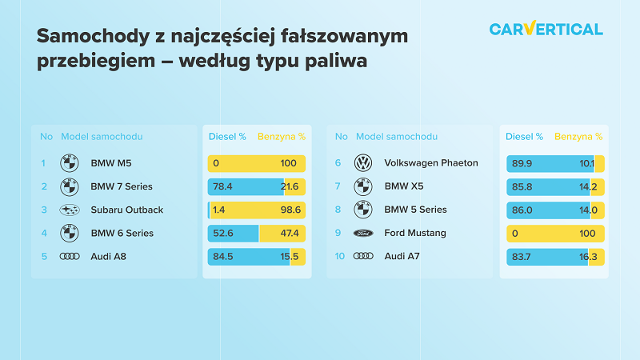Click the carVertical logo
pos(546,29)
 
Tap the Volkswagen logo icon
pos(363,163)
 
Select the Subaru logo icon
pos(70,210)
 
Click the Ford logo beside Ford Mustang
pos(363,233)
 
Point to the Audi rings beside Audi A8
pos(70,256)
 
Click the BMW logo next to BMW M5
pos(70,163)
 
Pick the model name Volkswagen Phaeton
pos(431,163)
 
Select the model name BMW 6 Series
pos(122,233)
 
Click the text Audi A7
pos(402,256)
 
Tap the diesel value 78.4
pos(222,186)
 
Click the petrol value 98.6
pos(290,210)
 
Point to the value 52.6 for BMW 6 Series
pos(223,233)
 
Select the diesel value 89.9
pos(522,163)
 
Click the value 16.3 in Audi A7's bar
pos(588,257)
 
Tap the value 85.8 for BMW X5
pos(522,187)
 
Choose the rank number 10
pos(339,256)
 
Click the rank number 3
pos(44,210)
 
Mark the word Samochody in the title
pos(94,36)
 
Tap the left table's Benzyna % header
pos(282,137)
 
